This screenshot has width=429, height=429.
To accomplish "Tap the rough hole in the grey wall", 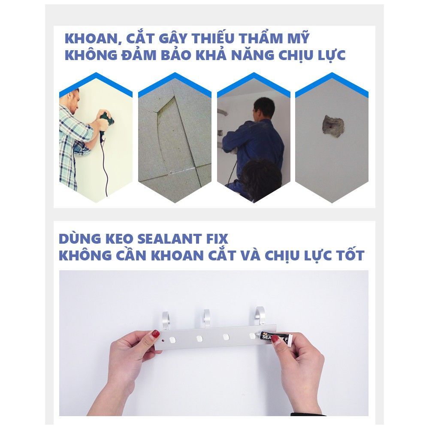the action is (332, 125).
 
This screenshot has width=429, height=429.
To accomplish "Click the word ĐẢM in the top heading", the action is (139, 54).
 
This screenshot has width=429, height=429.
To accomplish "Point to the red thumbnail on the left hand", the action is (156, 334).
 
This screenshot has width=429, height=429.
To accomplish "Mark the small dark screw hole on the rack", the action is (163, 341).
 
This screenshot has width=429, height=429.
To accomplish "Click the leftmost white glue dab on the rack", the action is (172, 340).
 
